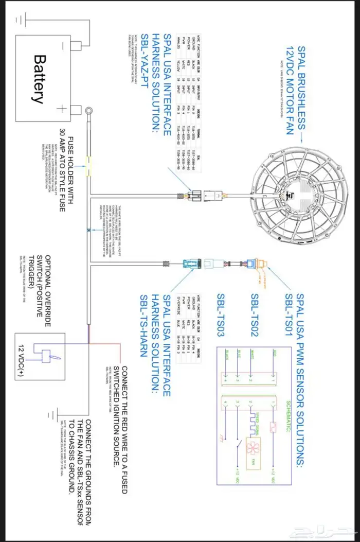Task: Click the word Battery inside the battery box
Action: coord(39,79)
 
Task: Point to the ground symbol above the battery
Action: coord(21,20)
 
